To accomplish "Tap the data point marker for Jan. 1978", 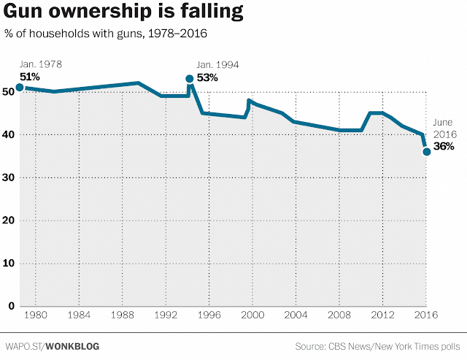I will click(x=19, y=88).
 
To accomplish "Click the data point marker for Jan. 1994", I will click(x=190, y=79).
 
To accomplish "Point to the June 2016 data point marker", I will click(x=426, y=152).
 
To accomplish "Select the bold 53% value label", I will click(x=208, y=78).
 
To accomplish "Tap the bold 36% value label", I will click(x=444, y=146).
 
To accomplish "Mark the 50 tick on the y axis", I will click(x=8, y=92).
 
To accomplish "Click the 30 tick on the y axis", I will click(x=8, y=177).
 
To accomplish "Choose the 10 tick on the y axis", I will click(x=8, y=263).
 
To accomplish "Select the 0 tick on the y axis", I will click(x=10, y=306).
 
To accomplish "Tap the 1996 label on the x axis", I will click(x=209, y=315).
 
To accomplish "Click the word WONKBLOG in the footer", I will click(x=72, y=345).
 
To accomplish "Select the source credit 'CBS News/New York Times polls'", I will click(x=398, y=345).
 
